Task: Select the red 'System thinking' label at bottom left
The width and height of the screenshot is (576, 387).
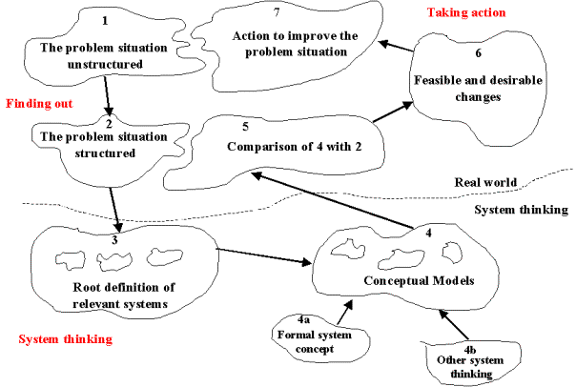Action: pos(66,338)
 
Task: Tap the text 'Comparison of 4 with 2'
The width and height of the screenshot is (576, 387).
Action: pos(278,146)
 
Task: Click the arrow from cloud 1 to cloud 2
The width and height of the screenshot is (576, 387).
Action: pos(108,94)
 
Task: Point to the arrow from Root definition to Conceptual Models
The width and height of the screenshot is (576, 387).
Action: pos(265,255)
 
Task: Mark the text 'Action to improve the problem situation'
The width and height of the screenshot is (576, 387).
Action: pos(283,44)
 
